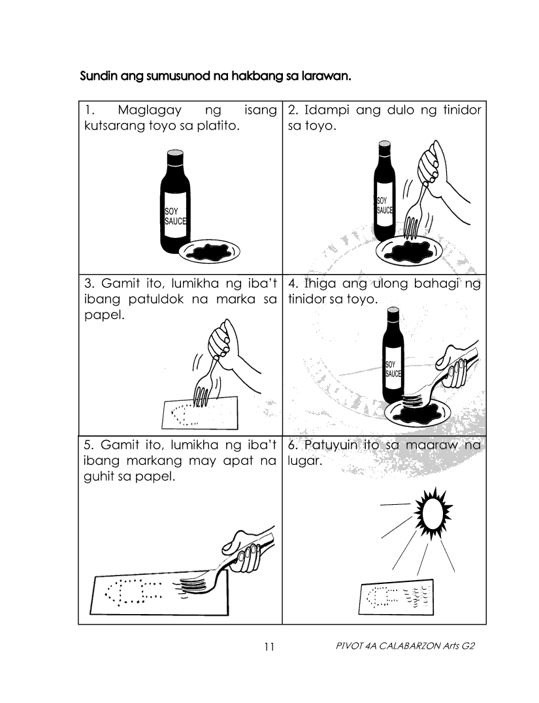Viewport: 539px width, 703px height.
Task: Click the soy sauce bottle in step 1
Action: pyautogui.click(x=175, y=202)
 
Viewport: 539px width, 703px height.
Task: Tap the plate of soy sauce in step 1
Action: pyautogui.click(x=209, y=252)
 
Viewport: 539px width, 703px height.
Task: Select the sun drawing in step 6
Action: pyautogui.click(x=433, y=509)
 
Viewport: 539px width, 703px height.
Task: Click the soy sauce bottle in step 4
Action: pyautogui.click(x=393, y=357)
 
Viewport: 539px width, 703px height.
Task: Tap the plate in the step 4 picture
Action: pyautogui.click(x=419, y=410)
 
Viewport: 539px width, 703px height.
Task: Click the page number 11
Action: pyautogui.click(x=269, y=647)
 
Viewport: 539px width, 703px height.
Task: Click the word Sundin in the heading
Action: pyautogui.click(x=95, y=76)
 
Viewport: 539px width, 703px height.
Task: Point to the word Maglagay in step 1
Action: pyautogui.click(x=150, y=111)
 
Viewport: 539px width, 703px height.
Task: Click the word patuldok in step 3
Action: pyautogui.click(x=156, y=300)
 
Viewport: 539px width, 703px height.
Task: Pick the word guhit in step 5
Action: pyautogui.click(x=99, y=477)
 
